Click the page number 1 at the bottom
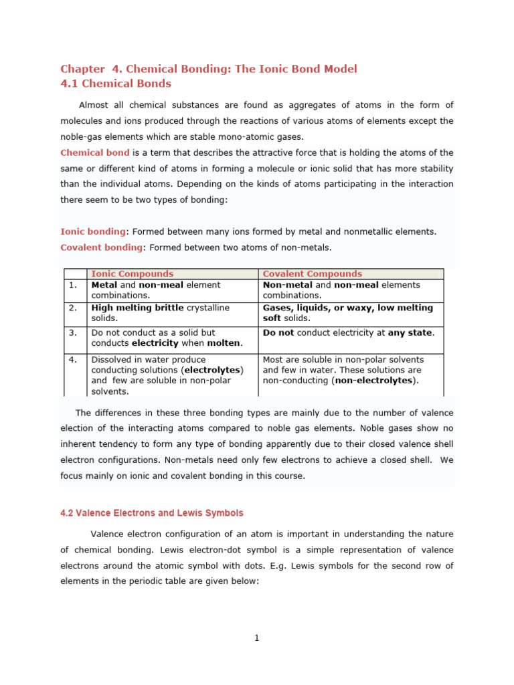click(256, 638)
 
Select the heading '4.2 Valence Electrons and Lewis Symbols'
click(152, 513)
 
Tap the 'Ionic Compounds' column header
click(132, 274)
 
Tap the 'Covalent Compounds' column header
click(312, 274)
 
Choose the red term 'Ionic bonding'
click(93, 231)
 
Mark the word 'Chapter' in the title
click(83, 69)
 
